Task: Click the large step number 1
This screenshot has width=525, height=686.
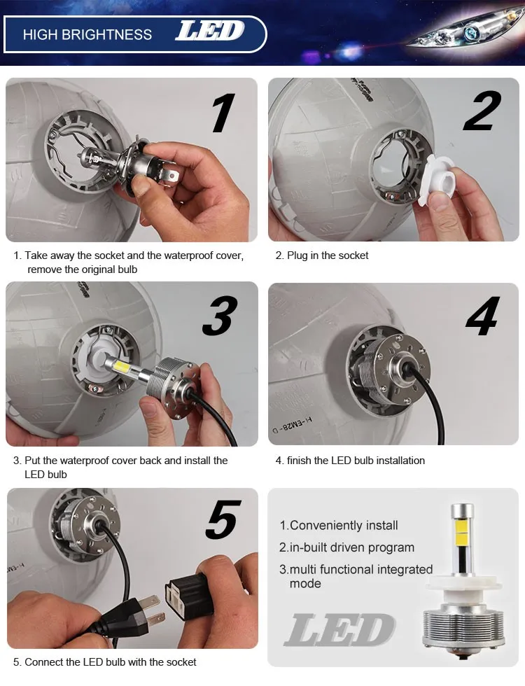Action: pos(223,113)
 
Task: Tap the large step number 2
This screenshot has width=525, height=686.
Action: pos(482,111)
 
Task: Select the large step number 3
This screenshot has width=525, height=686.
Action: pos(220,316)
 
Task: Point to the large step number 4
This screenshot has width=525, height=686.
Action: pos(482,316)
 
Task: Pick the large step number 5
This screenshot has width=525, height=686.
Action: pos(223,519)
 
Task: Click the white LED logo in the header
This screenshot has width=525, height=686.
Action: pos(209,31)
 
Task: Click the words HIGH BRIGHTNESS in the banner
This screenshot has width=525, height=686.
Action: pos(87,34)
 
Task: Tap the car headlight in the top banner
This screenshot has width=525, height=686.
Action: pos(463,33)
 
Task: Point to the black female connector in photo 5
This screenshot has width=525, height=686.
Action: pos(188,594)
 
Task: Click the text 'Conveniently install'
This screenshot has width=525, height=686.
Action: pos(344,526)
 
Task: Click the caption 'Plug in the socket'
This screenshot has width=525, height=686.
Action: pos(328,255)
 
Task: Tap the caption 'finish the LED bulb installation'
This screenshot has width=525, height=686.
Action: pos(356,461)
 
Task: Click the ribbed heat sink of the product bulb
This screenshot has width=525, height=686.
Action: pos(463,622)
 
